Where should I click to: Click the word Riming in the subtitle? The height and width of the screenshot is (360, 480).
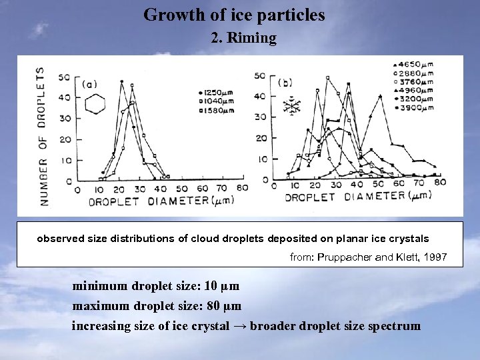tap(251, 38)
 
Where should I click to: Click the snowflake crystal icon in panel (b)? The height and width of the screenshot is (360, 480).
tap(292, 105)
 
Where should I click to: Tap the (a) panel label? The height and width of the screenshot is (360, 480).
tap(90, 84)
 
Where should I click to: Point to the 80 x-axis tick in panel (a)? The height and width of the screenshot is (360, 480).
tap(243, 188)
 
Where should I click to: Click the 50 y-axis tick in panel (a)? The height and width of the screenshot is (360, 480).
tap(65, 77)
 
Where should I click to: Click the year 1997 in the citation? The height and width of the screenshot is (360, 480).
tap(434, 257)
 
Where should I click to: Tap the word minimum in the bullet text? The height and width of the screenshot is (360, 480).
tap(99, 286)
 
